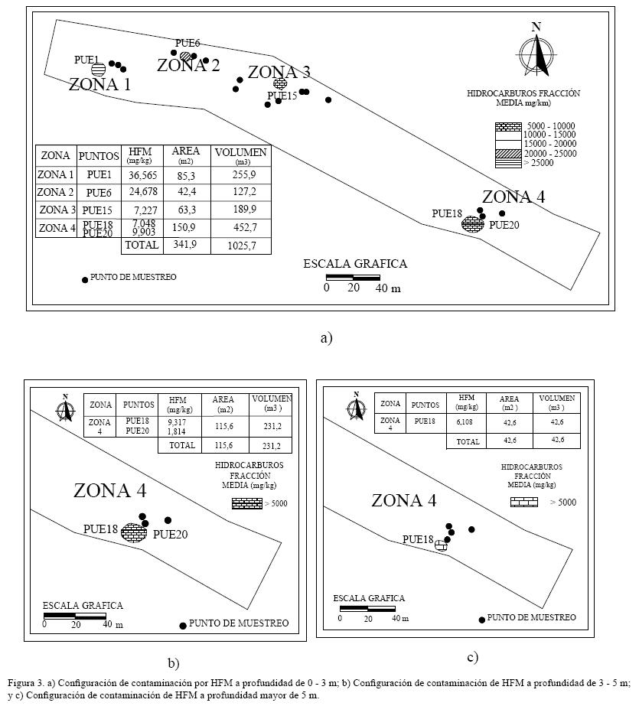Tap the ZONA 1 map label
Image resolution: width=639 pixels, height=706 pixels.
(99, 84)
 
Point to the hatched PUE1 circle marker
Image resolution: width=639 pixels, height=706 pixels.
(98, 69)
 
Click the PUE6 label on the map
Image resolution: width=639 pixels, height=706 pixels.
(187, 44)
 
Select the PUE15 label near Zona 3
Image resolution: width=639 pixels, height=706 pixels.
(282, 96)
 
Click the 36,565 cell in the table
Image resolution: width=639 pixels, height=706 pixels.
(143, 175)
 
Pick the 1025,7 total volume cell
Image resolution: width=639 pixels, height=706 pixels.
(241, 246)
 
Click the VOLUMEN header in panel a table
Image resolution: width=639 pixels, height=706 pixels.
(241, 152)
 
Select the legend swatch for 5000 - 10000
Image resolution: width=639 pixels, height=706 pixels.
(507, 126)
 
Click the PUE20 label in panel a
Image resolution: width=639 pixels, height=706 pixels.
(504, 225)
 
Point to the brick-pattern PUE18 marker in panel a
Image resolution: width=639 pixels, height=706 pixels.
(472, 224)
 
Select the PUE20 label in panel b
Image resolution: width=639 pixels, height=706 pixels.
(170, 535)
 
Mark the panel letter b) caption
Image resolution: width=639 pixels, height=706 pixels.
(173, 662)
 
